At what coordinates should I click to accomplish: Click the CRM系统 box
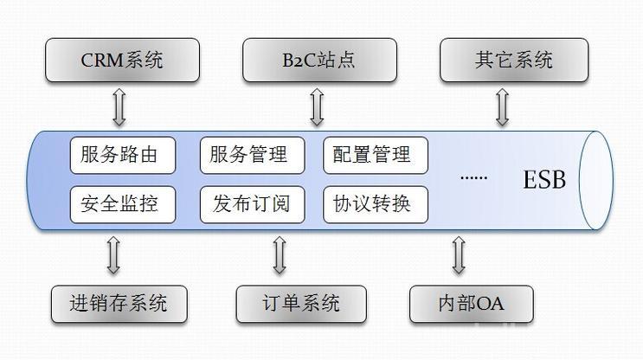point(122,61)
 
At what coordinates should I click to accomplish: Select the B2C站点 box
point(319,61)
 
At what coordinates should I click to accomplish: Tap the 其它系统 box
point(514,61)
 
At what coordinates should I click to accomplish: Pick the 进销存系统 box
point(119,304)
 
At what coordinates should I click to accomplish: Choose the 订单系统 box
point(301,304)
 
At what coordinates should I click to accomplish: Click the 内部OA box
point(471,304)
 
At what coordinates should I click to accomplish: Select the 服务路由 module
point(123,155)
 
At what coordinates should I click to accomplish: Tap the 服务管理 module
point(252,155)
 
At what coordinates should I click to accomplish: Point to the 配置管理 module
point(376,155)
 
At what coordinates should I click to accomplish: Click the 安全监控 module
point(123,204)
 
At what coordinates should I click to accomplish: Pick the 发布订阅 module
point(252,204)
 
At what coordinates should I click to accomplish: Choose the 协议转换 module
point(376,204)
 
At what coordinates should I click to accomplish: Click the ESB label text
point(544,180)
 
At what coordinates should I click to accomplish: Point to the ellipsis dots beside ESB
point(473,178)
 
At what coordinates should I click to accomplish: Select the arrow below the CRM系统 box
point(119,107)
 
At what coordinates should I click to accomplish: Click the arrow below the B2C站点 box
point(317,107)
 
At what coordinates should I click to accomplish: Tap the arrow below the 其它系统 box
point(502,107)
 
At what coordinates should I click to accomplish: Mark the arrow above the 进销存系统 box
point(113,255)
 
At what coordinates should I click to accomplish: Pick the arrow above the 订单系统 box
point(280,255)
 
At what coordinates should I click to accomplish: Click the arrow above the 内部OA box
point(459,255)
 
